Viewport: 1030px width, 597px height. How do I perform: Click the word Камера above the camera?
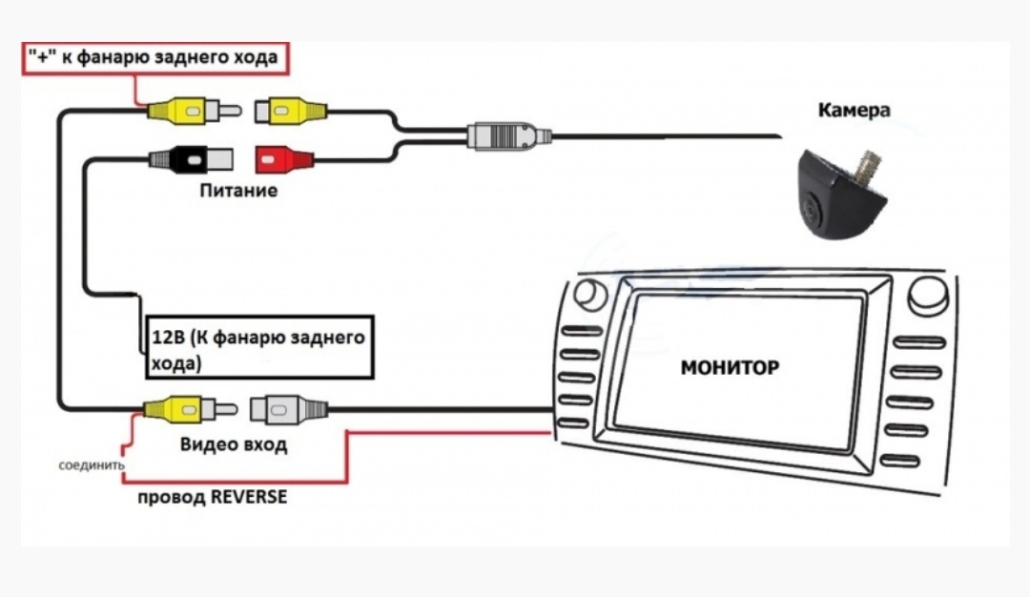854,111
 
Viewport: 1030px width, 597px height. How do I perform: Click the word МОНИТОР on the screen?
730,367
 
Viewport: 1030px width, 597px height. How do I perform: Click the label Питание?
238,191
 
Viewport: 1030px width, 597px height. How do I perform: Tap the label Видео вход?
233,445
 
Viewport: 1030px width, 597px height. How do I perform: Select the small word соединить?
91,466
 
